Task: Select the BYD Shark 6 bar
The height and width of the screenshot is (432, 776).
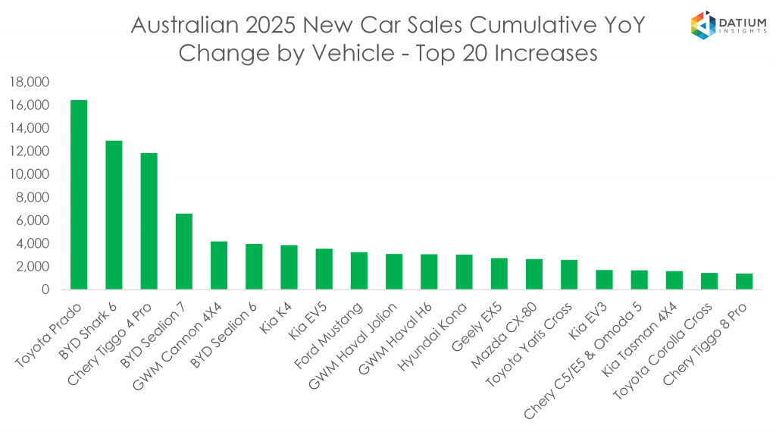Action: click(x=114, y=215)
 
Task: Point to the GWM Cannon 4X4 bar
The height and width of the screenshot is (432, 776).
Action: click(x=219, y=265)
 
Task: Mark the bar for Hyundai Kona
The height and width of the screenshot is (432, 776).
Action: click(x=465, y=272)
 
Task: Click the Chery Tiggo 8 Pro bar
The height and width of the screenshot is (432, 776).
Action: click(x=744, y=281)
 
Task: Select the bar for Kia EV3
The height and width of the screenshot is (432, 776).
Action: click(x=604, y=280)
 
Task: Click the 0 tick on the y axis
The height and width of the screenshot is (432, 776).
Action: click(x=45, y=290)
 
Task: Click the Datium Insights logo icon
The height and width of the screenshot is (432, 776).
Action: click(x=703, y=25)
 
